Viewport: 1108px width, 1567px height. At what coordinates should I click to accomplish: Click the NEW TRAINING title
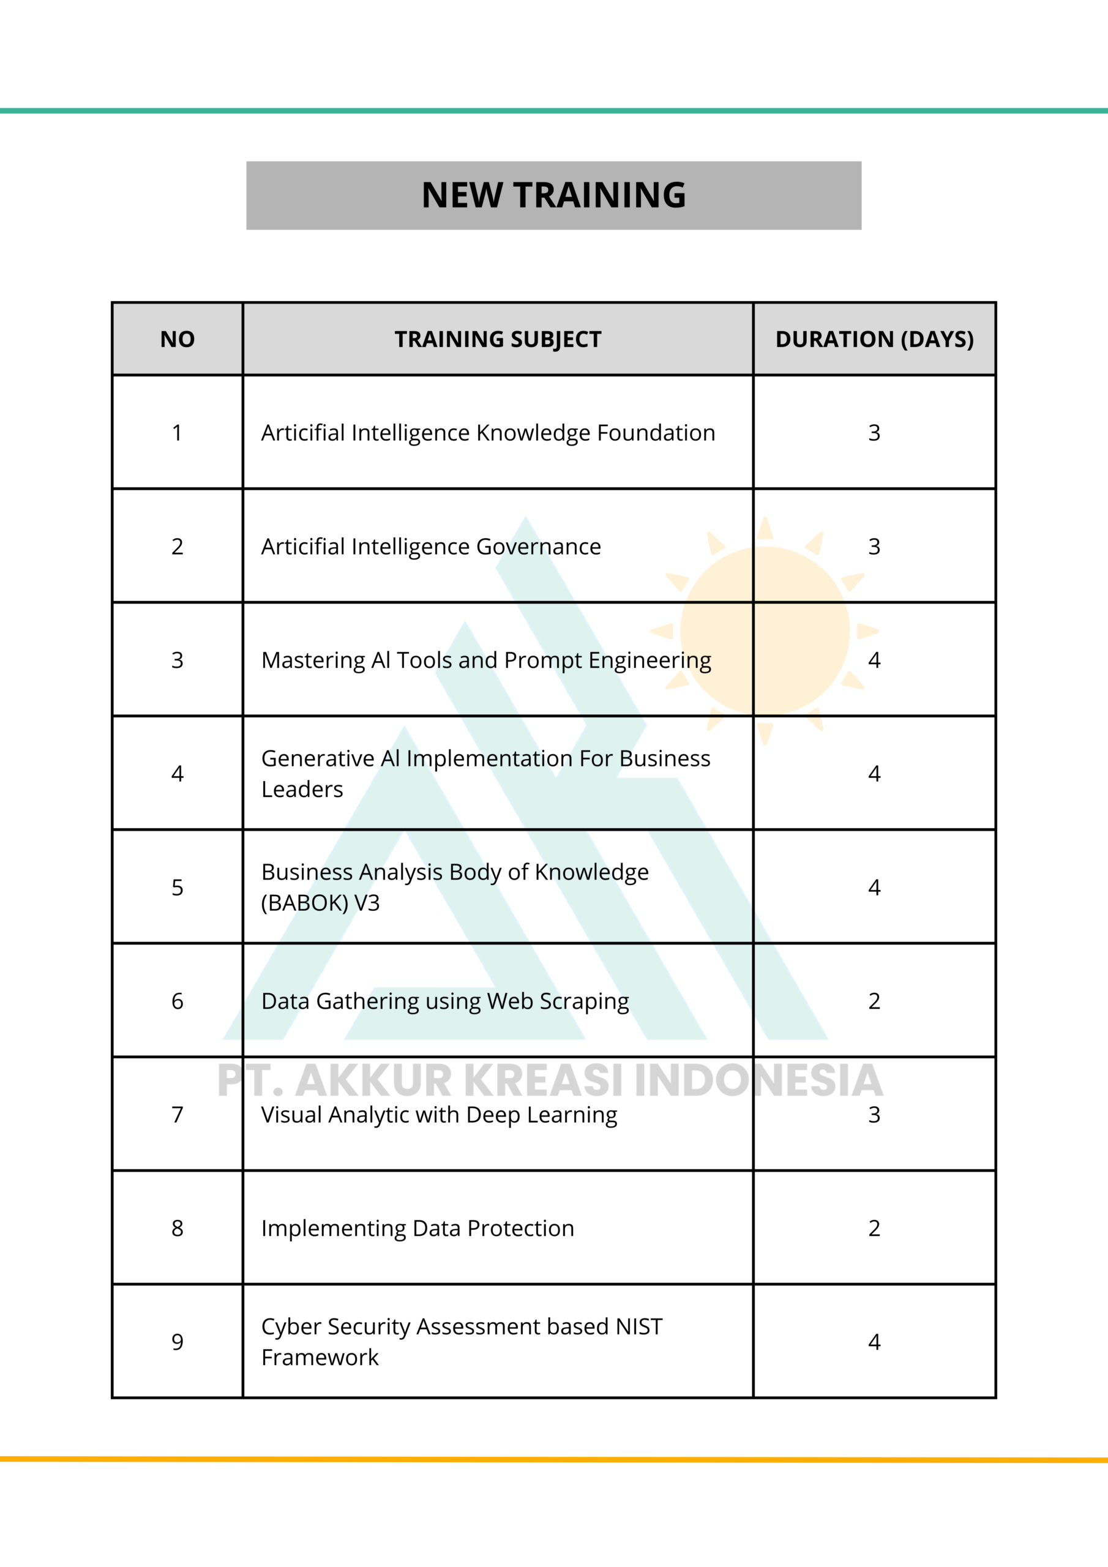tap(553, 195)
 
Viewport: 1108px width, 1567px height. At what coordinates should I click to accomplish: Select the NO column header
tap(178, 339)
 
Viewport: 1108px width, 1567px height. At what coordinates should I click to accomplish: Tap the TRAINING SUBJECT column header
tap(498, 339)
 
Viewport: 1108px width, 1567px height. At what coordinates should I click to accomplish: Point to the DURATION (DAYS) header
tap(875, 339)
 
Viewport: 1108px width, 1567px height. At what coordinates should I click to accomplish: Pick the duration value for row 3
tap(875, 660)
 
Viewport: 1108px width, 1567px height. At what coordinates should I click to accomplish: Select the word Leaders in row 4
tap(302, 790)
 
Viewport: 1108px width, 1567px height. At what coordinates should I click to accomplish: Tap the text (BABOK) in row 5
tap(304, 903)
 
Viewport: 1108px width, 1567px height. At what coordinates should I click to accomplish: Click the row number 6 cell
tap(178, 1001)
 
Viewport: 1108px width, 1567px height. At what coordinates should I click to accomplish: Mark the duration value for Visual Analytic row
tap(875, 1115)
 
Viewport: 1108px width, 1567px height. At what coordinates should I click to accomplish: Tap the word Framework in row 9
tap(320, 1358)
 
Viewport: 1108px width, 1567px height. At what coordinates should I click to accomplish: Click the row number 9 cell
tap(178, 1342)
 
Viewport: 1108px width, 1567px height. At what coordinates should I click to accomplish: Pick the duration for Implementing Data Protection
tap(875, 1229)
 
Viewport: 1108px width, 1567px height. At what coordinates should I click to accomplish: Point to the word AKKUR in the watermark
tap(373, 1080)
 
